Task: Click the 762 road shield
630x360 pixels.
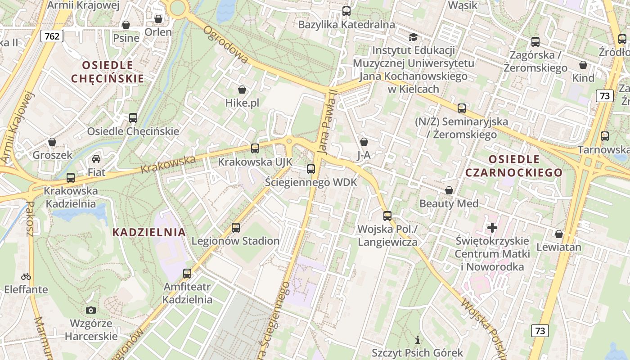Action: pyautogui.click(x=52, y=36)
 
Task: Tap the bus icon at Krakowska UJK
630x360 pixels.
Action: pyautogui.click(x=255, y=148)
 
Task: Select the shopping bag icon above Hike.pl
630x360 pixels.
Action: pyautogui.click(x=242, y=90)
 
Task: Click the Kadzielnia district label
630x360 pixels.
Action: pyautogui.click(x=148, y=232)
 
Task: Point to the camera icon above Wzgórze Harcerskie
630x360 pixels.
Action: pyautogui.click(x=91, y=310)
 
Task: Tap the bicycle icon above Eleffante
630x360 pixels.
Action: pyautogui.click(x=26, y=276)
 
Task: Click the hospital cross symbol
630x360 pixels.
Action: pyautogui.click(x=492, y=228)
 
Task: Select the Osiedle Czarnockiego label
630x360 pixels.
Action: pyautogui.click(x=514, y=166)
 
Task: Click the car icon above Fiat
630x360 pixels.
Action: pyautogui.click(x=96, y=158)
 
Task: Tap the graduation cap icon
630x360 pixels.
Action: pyautogui.click(x=413, y=37)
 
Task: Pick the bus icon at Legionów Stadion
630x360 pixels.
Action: pyautogui.click(x=236, y=228)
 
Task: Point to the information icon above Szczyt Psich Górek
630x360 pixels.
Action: pyautogui.click(x=418, y=340)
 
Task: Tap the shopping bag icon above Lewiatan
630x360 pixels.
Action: pyautogui.click(x=559, y=234)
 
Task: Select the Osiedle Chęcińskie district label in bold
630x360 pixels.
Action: pyautogui.click(x=108, y=72)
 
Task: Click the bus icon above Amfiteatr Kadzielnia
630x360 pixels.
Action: pyautogui.click(x=187, y=273)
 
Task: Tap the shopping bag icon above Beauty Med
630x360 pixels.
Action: pyautogui.click(x=449, y=190)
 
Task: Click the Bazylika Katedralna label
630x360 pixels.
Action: pyautogui.click(x=346, y=24)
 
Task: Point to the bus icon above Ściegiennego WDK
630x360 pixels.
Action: pyautogui.click(x=311, y=169)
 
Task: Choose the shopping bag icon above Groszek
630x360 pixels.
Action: pyautogui.click(x=52, y=142)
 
